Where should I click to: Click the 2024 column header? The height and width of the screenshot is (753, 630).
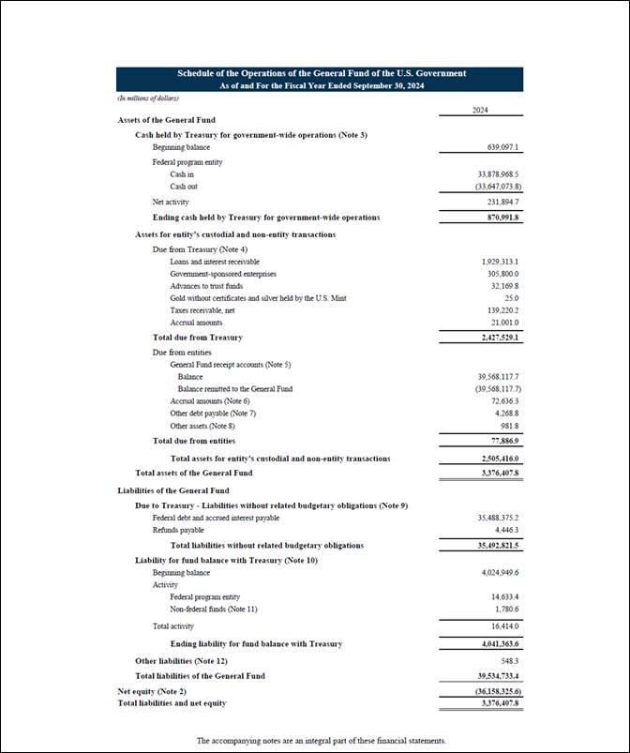(x=480, y=110)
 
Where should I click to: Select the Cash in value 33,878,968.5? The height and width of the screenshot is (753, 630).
(x=499, y=174)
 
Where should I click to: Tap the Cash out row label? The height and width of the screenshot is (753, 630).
(x=185, y=187)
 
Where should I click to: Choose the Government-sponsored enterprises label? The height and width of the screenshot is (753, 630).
(x=223, y=274)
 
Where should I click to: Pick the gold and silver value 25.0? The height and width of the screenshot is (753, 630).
(x=512, y=298)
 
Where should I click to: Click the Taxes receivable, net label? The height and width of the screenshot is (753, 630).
(x=205, y=310)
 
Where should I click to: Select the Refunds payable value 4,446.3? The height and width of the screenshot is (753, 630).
(x=506, y=530)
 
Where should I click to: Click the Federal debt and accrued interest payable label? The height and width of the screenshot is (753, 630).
(x=216, y=518)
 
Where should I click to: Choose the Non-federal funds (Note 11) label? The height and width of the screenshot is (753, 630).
(x=214, y=610)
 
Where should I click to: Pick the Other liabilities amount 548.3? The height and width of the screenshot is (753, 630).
(x=510, y=661)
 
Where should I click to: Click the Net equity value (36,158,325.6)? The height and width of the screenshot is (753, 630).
(x=499, y=691)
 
